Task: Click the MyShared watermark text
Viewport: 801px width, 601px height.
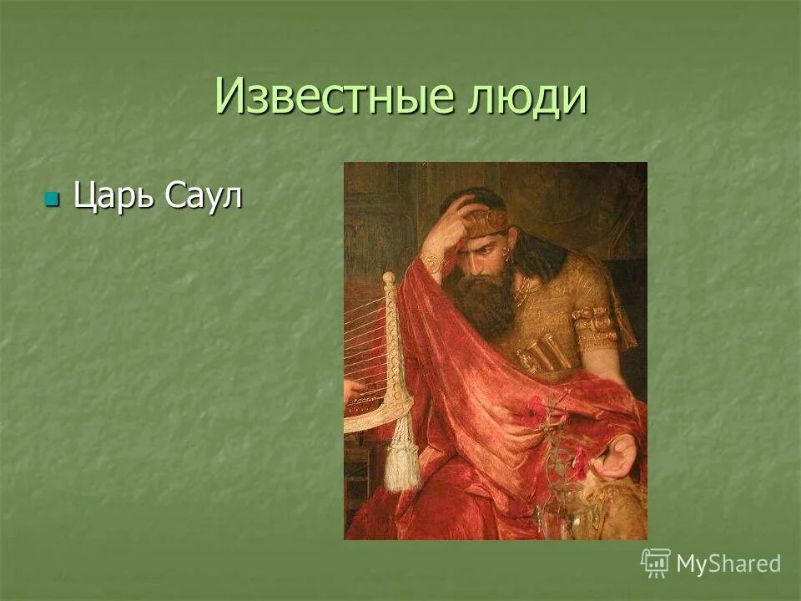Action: (728, 563)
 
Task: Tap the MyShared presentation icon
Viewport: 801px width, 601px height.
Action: (656, 563)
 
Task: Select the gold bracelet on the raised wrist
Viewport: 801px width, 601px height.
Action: (432, 263)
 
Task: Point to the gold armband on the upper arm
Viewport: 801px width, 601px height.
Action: (596, 325)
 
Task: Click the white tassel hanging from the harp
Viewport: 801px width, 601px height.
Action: (402, 455)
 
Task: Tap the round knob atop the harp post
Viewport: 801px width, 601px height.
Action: (389, 278)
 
